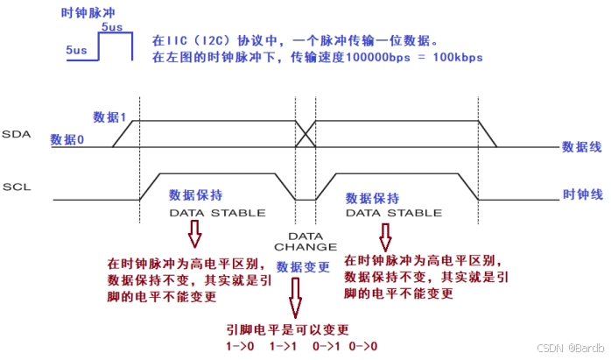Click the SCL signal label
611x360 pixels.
[17, 187]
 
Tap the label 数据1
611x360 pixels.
[111, 116]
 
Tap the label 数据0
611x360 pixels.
[67, 139]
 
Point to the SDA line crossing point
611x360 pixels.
[305, 134]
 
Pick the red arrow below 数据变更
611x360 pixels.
[296, 299]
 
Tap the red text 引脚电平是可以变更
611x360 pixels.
[288, 329]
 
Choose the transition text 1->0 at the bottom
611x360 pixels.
[241, 346]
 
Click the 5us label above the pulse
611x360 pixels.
[112, 29]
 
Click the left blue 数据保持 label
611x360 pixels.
[196, 195]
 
